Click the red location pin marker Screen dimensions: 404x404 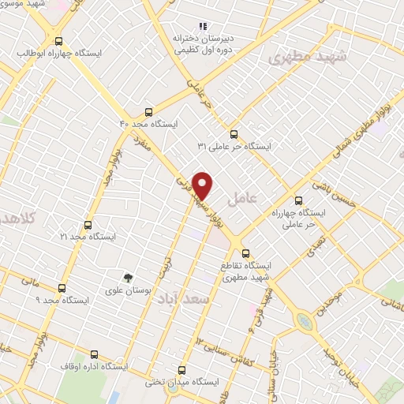[x=203, y=185]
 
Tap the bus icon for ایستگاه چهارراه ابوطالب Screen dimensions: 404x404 [x=58, y=41]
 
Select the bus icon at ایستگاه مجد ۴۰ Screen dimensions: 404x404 [x=149, y=112]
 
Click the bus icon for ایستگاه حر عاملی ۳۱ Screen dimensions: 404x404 [x=233, y=134]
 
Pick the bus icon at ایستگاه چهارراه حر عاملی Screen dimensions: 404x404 [x=298, y=200]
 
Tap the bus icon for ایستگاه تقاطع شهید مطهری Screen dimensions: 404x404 [x=246, y=254]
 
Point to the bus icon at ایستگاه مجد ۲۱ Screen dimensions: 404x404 [x=88, y=225]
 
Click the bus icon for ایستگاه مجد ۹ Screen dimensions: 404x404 [x=62, y=289]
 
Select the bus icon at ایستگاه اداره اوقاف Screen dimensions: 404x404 [x=95, y=354]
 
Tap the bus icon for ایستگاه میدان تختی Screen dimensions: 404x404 [x=182, y=370]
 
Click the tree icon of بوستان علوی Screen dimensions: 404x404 [x=128, y=277]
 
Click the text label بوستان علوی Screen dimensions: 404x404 [x=128, y=291]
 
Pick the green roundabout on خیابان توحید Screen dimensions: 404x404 [x=304, y=321]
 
